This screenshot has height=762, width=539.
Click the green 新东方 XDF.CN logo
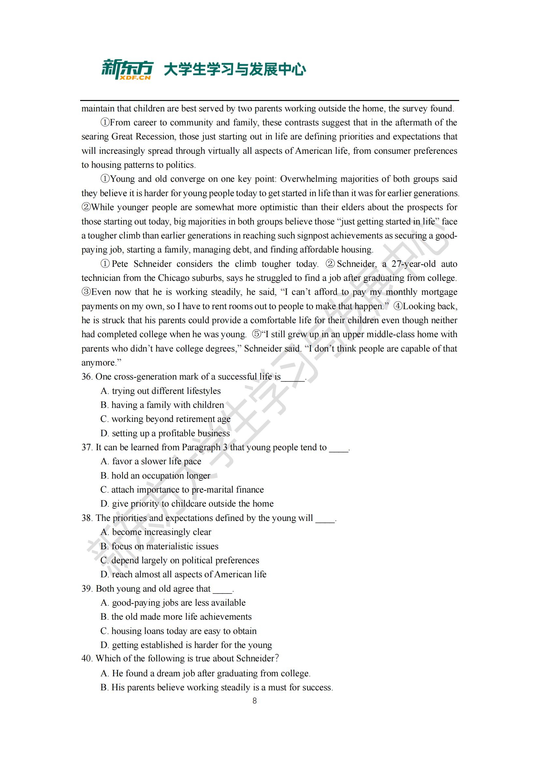[127, 69]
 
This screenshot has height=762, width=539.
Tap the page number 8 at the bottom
[255, 701]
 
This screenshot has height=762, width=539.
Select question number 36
[87, 377]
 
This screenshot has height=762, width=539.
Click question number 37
[87, 447]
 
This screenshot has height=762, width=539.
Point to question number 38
[87, 518]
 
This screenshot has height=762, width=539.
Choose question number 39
[87, 589]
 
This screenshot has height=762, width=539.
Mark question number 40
[87, 658]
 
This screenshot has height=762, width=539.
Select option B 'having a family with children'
[163, 405]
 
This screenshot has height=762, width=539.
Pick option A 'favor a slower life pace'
[151, 461]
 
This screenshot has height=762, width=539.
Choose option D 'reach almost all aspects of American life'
[183, 574]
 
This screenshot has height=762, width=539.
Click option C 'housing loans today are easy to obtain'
[179, 631]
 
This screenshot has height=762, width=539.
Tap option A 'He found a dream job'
[205, 673]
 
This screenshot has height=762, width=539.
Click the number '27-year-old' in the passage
[414, 264]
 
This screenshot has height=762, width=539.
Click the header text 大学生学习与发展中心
[235, 70]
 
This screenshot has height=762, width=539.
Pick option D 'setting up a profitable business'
[165, 433]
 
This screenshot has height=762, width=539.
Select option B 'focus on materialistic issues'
[160, 546]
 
